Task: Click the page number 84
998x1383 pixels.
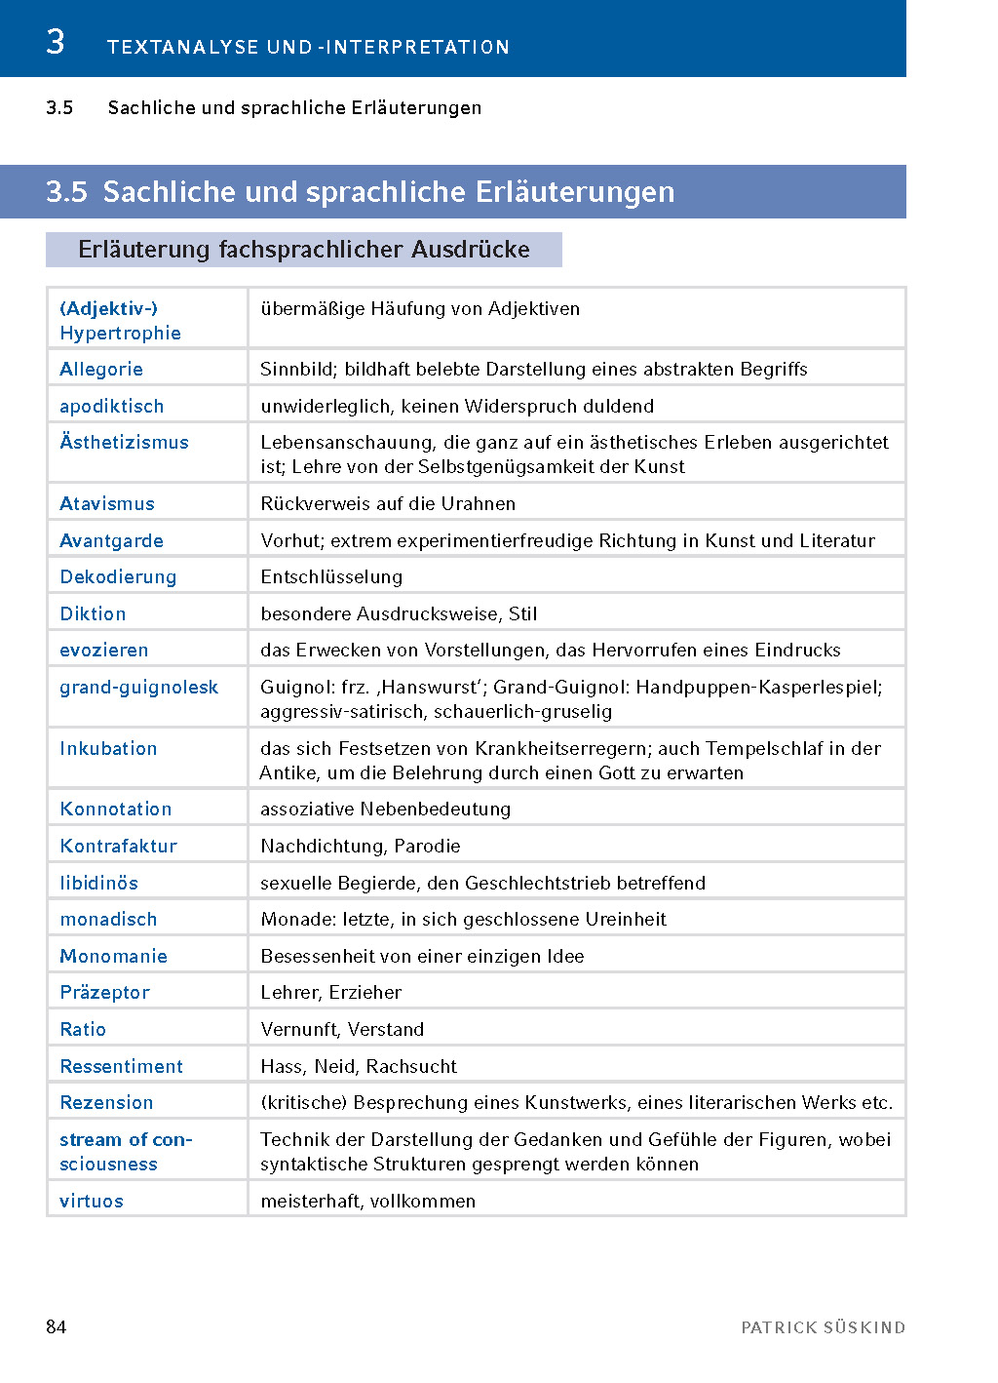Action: (57, 1326)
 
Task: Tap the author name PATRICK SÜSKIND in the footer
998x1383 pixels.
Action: (823, 1327)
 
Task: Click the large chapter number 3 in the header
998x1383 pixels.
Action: (56, 42)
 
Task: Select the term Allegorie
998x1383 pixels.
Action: (101, 370)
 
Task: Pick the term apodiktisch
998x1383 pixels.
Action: (112, 407)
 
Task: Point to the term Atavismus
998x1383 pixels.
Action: (107, 504)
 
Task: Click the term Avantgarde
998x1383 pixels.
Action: (112, 541)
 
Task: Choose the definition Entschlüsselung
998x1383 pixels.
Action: (331, 577)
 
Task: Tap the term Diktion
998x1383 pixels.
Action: (93, 614)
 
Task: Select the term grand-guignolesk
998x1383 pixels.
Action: (139, 688)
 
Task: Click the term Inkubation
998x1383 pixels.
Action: (108, 749)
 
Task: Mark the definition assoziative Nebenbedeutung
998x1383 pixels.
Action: (385, 810)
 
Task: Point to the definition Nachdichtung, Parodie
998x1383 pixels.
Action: (361, 847)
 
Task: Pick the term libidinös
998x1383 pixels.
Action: (99, 884)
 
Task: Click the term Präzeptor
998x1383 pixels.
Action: (105, 993)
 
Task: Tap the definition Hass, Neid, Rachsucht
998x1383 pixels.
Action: (359, 1067)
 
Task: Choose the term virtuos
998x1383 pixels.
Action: (92, 1202)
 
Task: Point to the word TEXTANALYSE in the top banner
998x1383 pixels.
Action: (183, 47)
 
